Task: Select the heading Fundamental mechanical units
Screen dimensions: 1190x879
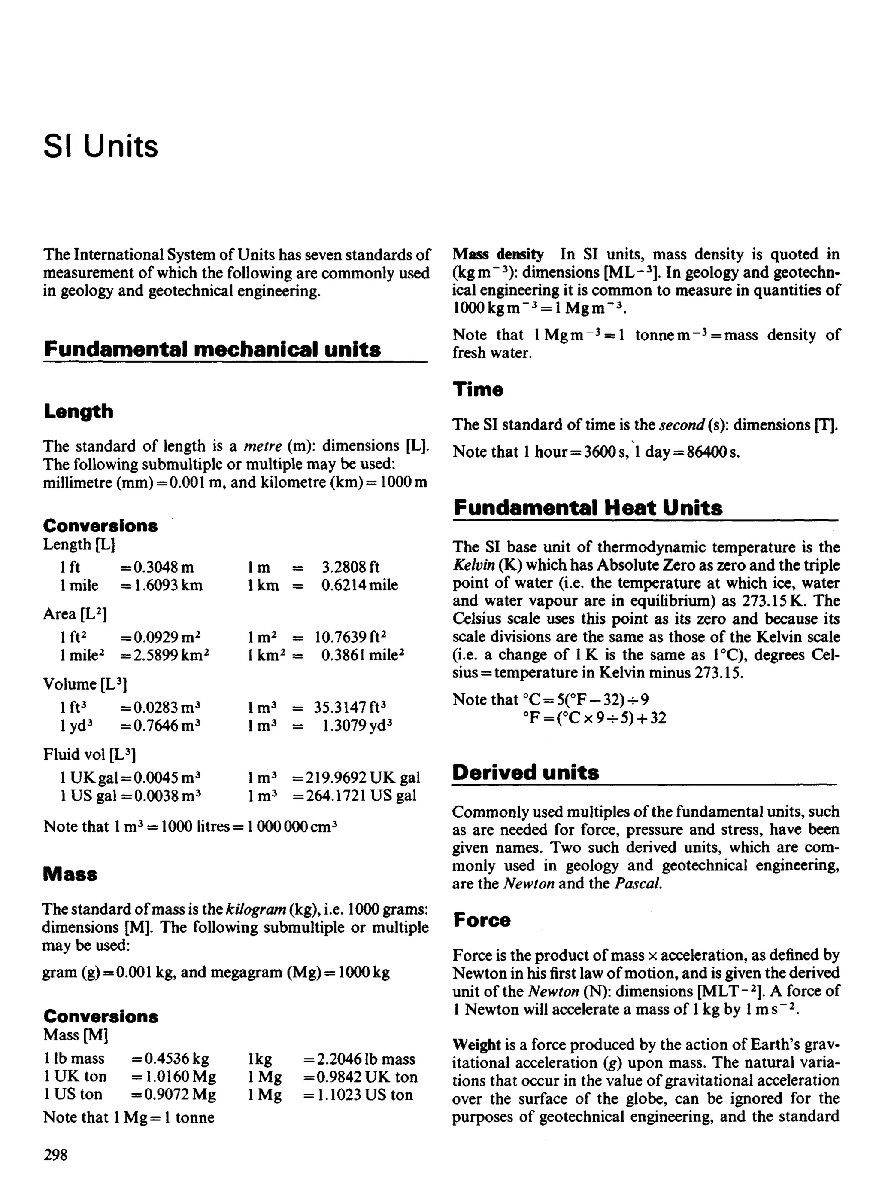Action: point(212,349)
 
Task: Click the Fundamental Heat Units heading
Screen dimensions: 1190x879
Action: point(588,507)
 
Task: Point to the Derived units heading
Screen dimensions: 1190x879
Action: point(526,772)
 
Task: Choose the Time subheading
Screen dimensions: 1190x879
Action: point(478,389)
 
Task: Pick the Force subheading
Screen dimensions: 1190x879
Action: point(482,919)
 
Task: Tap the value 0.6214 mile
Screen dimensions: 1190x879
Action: point(359,585)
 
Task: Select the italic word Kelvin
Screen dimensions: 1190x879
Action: point(473,565)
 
